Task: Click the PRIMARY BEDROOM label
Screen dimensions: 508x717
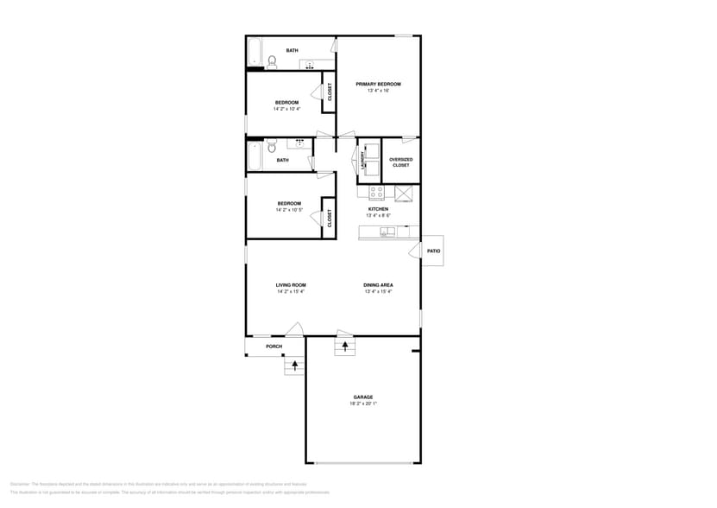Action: (378, 84)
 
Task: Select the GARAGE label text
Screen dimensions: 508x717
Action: (362, 397)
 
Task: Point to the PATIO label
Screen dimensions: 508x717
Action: (434, 251)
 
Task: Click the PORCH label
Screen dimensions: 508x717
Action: (274, 346)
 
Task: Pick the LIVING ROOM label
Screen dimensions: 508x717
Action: (291, 285)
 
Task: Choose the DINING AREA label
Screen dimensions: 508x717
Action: (378, 285)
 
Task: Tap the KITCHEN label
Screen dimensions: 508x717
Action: (378, 209)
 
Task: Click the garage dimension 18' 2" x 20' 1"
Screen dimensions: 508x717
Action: (362, 403)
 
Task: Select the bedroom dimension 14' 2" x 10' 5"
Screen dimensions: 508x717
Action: (288, 210)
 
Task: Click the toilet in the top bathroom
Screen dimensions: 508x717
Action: (272, 61)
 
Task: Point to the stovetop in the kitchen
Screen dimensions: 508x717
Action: (376, 192)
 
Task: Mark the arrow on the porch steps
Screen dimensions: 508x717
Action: (295, 365)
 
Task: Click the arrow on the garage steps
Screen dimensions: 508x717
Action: (345, 346)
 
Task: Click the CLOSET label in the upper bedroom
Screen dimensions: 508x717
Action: (329, 92)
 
